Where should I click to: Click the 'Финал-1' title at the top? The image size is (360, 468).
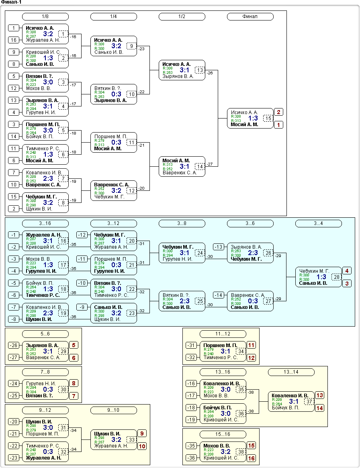(11, 2)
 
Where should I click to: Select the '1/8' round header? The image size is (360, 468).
(45, 17)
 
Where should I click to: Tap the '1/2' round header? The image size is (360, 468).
(182, 17)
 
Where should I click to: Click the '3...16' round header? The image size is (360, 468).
(45, 223)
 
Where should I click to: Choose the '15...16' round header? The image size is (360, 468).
(223, 434)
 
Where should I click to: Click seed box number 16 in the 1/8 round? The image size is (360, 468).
(14, 40)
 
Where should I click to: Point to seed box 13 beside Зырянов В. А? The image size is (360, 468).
(14, 100)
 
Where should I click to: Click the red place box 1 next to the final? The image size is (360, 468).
(279, 125)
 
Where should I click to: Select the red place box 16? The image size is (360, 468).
(252, 458)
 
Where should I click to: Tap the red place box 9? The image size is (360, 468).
(142, 433)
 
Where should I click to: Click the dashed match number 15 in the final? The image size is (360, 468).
(268, 119)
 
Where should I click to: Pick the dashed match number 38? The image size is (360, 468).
(241, 452)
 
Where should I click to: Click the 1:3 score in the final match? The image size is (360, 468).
(253, 118)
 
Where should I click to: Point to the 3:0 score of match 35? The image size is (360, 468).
(226, 389)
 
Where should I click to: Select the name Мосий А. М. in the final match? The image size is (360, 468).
(244, 125)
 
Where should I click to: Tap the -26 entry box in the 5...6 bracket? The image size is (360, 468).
(14, 345)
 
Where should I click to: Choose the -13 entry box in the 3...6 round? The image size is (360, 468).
(219, 247)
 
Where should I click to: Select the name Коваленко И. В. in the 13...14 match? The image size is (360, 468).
(290, 395)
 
